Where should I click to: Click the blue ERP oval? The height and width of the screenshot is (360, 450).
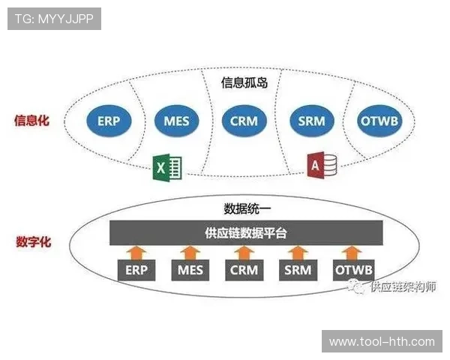tap(109, 120)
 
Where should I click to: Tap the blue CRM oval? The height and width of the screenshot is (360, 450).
tap(244, 120)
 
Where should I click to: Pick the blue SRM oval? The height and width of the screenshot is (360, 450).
tap(310, 120)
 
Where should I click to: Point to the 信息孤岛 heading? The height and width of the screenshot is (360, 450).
tap(244, 83)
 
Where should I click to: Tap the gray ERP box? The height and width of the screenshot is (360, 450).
tap(136, 270)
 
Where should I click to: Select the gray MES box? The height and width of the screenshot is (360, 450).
tap(190, 270)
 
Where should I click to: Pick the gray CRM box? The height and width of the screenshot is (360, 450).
tap(244, 270)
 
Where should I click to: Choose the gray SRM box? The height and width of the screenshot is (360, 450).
tap(298, 270)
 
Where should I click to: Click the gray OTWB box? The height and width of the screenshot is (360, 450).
tap(353, 270)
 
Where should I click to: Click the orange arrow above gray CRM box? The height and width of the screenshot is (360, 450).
tap(244, 251)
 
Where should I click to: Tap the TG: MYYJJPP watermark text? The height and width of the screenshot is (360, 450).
tap(53, 19)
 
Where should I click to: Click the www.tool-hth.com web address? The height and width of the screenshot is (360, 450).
tap(382, 341)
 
